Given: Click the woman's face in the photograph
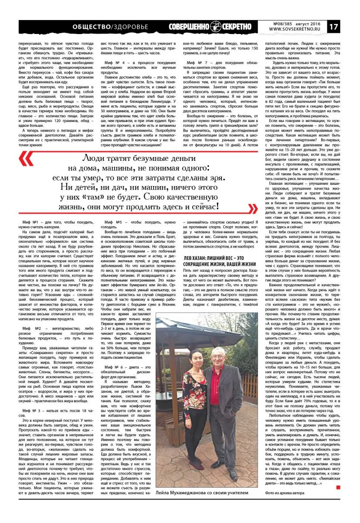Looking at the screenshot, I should [x=195, y=353].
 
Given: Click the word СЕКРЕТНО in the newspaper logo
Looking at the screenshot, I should [x=237, y=27].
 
